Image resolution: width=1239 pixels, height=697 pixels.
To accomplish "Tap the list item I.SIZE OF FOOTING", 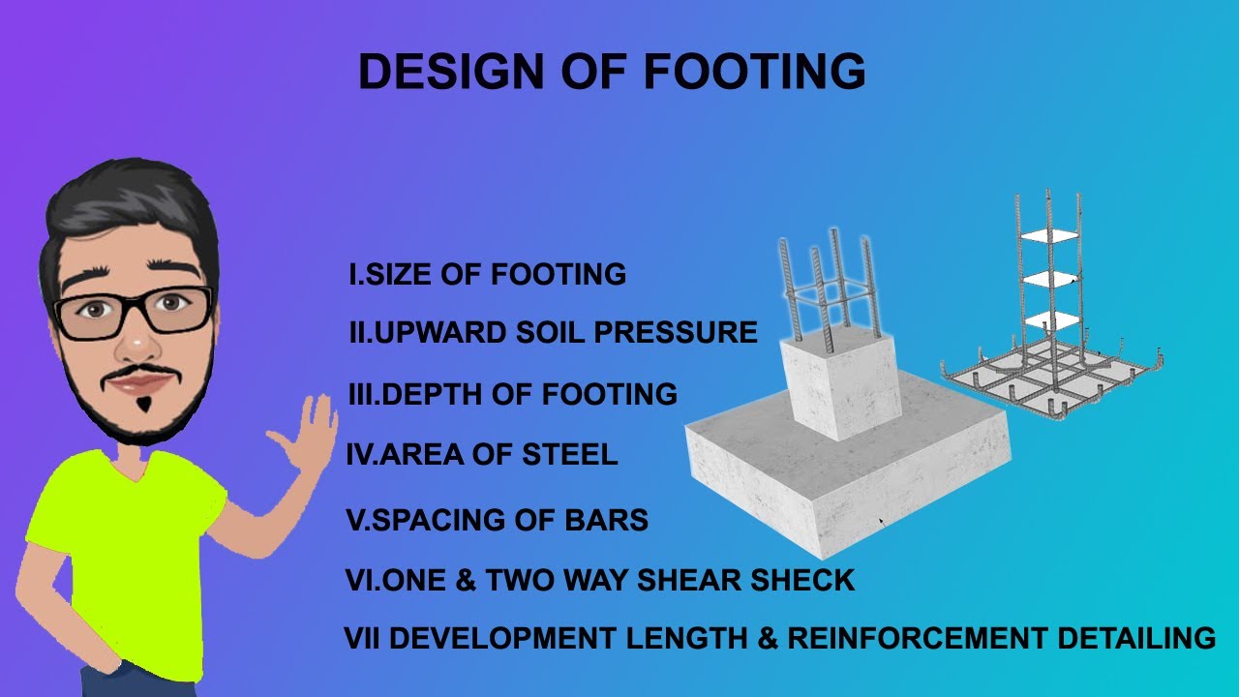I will (487, 275).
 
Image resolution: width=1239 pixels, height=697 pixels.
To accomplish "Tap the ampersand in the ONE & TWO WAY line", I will (464, 581).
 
